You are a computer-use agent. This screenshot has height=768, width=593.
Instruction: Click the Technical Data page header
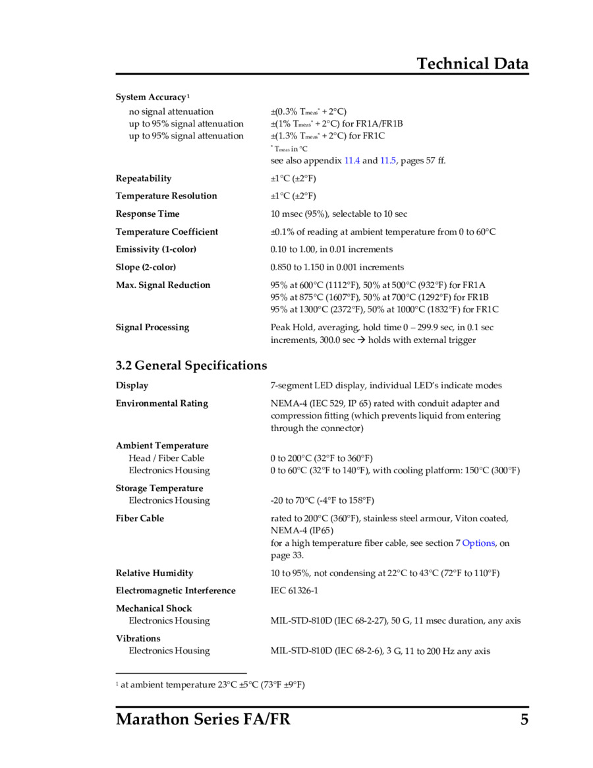click(x=472, y=64)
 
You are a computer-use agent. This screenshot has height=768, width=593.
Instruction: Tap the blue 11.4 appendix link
click(x=352, y=160)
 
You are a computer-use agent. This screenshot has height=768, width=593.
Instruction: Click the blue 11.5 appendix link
click(x=388, y=160)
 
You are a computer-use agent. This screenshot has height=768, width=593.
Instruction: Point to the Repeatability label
click(x=143, y=179)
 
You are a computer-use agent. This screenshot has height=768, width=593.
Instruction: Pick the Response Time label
click(x=147, y=214)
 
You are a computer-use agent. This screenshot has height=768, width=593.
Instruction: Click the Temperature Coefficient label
click(x=167, y=232)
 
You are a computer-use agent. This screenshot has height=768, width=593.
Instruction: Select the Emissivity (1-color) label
click(x=155, y=249)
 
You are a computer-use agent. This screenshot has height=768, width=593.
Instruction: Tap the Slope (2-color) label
click(x=146, y=267)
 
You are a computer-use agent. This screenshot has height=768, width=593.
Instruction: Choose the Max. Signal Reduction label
click(x=163, y=285)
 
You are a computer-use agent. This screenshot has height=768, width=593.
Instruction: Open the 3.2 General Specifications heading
click(x=191, y=365)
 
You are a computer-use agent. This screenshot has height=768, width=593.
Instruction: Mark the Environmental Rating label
click(x=161, y=403)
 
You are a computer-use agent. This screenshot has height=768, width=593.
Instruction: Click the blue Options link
click(x=478, y=543)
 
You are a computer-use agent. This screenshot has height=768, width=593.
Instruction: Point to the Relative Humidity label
click(x=154, y=574)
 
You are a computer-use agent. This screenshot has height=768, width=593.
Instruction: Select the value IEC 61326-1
click(x=294, y=591)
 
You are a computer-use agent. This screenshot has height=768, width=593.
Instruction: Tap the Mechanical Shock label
click(x=154, y=608)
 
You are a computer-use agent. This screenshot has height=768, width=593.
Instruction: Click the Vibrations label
click(x=138, y=638)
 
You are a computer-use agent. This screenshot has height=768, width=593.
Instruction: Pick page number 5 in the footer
click(x=524, y=719)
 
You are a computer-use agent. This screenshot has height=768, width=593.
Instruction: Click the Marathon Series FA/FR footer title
click(x=203, y=719)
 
